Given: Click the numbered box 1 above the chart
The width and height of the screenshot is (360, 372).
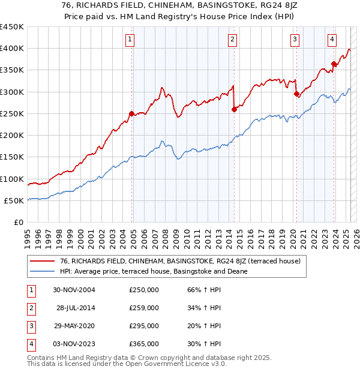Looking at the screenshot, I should (130, 40).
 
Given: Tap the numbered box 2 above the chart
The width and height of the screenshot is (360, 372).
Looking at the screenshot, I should (232, 40).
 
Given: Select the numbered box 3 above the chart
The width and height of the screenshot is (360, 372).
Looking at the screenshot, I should (295, 40).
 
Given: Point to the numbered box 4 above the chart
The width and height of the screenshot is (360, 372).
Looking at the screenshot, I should (332, 40).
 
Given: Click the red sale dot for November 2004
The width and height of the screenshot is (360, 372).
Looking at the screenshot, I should (131, 113).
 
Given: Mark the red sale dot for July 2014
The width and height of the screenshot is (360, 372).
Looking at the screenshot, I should (234, 109).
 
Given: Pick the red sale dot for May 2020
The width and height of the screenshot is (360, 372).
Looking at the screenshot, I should (296, 94).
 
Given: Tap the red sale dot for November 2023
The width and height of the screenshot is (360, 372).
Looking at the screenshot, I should (334, 64).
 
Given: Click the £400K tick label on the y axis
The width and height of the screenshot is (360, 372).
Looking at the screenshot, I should (12, 49).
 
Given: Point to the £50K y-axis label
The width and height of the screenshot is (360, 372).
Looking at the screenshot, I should (14, 200).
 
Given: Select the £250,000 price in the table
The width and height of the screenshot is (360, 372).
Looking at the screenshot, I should (144, 290).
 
